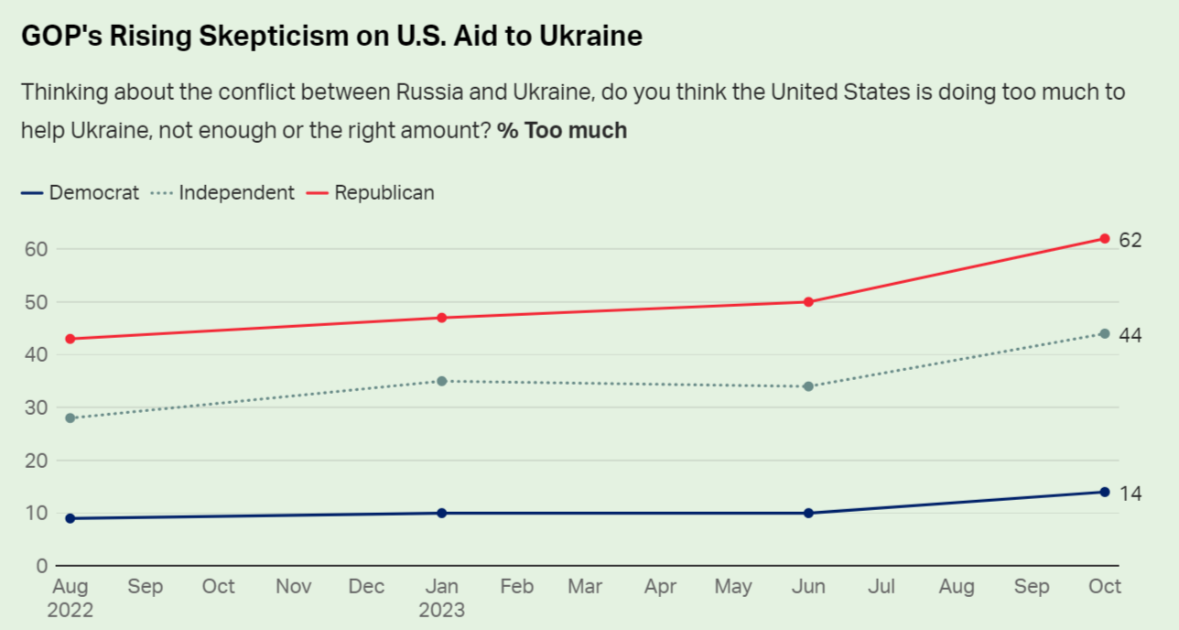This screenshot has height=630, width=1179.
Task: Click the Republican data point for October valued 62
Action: pos(1105,239)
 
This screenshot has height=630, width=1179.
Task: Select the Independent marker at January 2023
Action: pos(442,381)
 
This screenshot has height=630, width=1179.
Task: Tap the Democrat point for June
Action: pos(808,513)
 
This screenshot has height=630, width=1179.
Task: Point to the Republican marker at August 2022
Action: pos(70,339)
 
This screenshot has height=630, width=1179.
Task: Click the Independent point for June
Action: pos(808,386)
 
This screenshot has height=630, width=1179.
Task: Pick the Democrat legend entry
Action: pos(81,192)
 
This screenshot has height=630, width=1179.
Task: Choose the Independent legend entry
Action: pos(225,192)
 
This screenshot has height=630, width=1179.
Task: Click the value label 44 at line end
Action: pos(1130,335)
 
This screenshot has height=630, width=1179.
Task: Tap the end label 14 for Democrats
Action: pos(1130,494)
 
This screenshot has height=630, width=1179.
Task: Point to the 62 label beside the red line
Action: pos(1130,241)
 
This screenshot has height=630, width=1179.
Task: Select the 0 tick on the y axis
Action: pos(40,566)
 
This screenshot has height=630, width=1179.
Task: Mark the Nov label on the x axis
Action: pos(294,587)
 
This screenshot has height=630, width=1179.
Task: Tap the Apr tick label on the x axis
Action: pos(660,587)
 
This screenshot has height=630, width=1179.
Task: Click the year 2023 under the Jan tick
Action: pos(442,610)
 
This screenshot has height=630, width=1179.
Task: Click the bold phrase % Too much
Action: pos(562,130)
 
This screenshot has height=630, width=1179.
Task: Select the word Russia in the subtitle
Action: pos(428,92)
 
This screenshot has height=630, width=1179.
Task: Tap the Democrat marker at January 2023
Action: pos(442,513)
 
